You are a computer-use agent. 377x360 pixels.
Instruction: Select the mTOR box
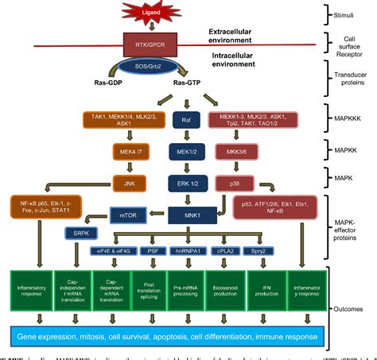click(127, 214)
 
